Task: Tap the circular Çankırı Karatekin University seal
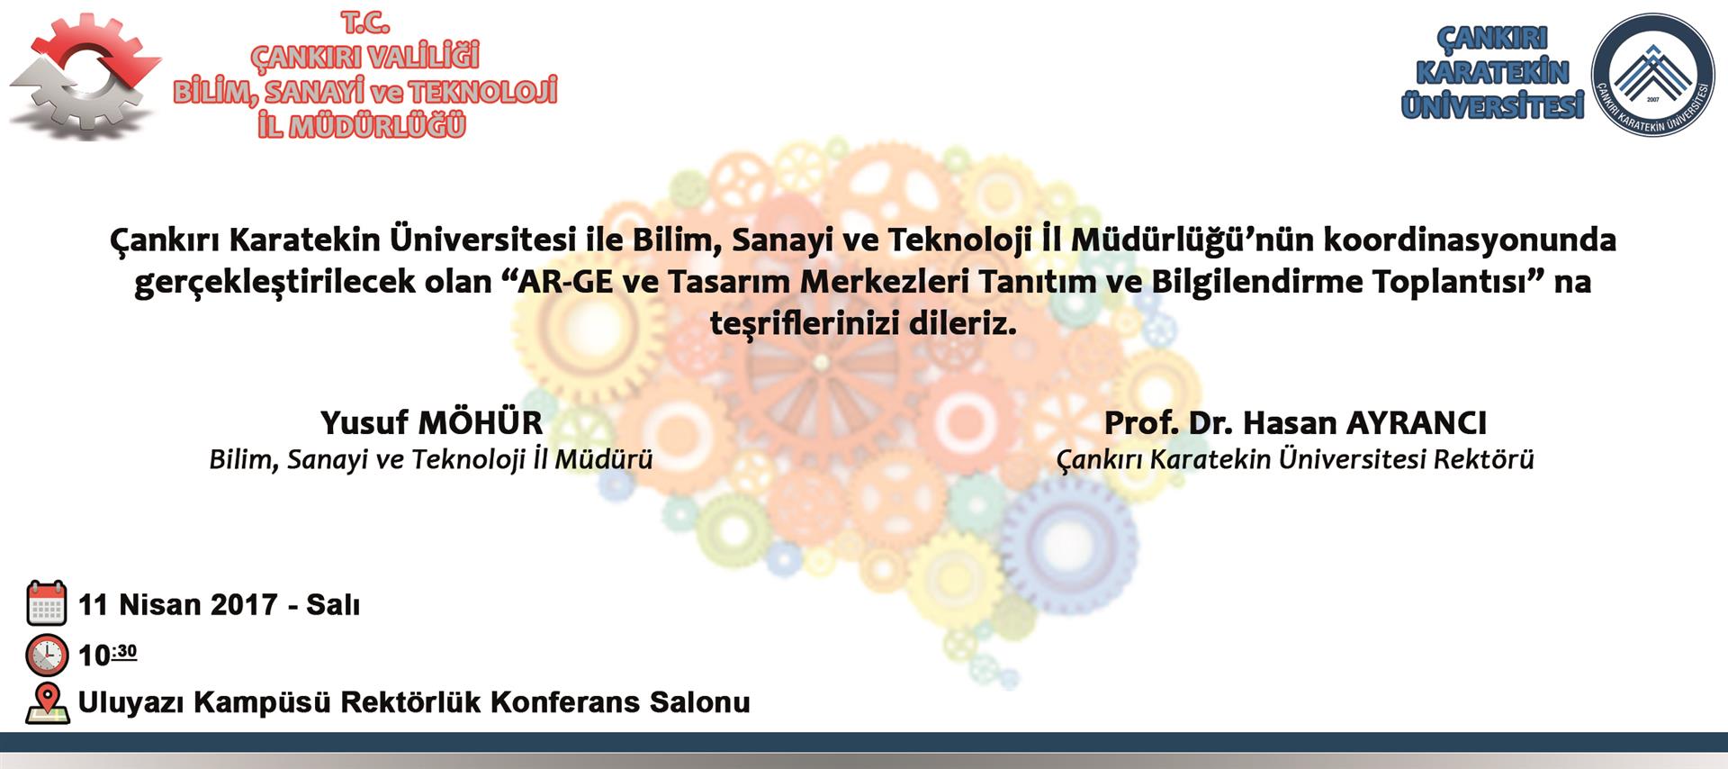click(x=1652, y=75)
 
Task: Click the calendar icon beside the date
click(x=47, y=603)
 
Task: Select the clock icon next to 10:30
click(x=47, y=655)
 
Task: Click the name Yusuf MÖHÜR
click(x=432, y=422)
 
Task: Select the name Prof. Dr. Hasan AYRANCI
click(x=1295, y=422)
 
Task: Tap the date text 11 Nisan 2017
click(x=178, y=604)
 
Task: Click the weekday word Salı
click(x=333, y=604)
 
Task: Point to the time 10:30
click(x=108, y=655)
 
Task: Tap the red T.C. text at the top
click(x=364, y=23)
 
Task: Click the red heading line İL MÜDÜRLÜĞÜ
click(x=362, y=125)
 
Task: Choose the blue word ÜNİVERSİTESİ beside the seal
click(x=1492, y=105)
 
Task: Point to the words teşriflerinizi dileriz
click(x=863, y=322)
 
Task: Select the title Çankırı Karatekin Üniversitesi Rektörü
click(x=1295, y=459)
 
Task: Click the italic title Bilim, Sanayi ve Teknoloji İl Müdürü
click(x=431, y=459)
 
